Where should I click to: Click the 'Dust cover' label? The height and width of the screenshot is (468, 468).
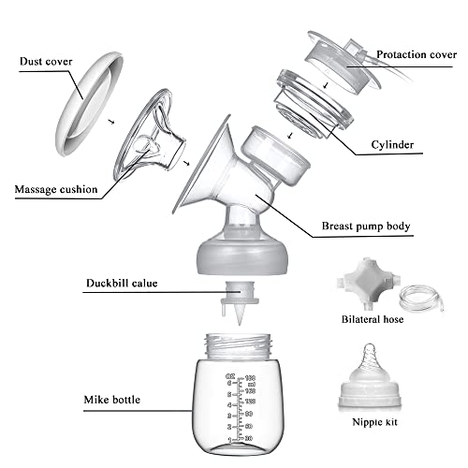(x=45, y=63)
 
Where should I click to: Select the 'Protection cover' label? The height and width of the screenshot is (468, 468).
(x=415, y=55)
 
